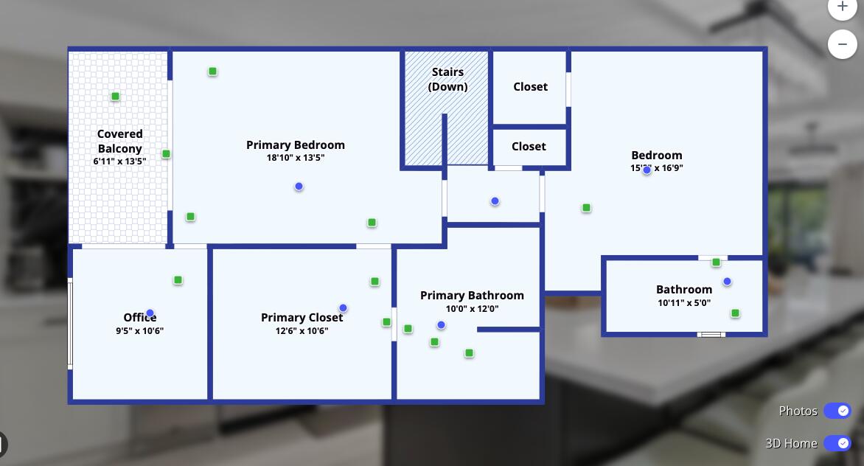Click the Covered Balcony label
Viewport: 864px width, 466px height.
click(120, 141)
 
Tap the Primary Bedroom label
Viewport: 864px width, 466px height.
click(296, 145)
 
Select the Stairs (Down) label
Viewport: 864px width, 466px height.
click(448, 79)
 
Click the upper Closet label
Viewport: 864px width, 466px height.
click(531, 86)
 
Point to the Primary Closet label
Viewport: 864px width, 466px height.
click(302, 317)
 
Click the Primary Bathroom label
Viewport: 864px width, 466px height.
click(472, 295)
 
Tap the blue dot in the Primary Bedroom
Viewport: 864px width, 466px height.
click(299, 187)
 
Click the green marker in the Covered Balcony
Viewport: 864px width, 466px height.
click(115, 97)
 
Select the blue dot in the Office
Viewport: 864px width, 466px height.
click(150, 313)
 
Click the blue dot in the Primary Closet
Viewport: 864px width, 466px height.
click(343, 308)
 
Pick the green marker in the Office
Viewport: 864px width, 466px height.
click(178, 280)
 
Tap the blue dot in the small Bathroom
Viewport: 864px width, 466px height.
click(727, 282)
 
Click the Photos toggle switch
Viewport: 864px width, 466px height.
click(837, 411)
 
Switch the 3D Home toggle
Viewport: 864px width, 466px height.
click(837, 443)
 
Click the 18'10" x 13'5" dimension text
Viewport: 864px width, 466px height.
click(296, 158)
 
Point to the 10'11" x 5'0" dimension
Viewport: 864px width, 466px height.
click(684, 303)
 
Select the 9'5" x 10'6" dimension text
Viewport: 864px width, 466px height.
click(139, 331)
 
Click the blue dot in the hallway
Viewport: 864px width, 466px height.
click(495, 201)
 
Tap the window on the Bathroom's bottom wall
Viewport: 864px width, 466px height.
click(711, 335)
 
